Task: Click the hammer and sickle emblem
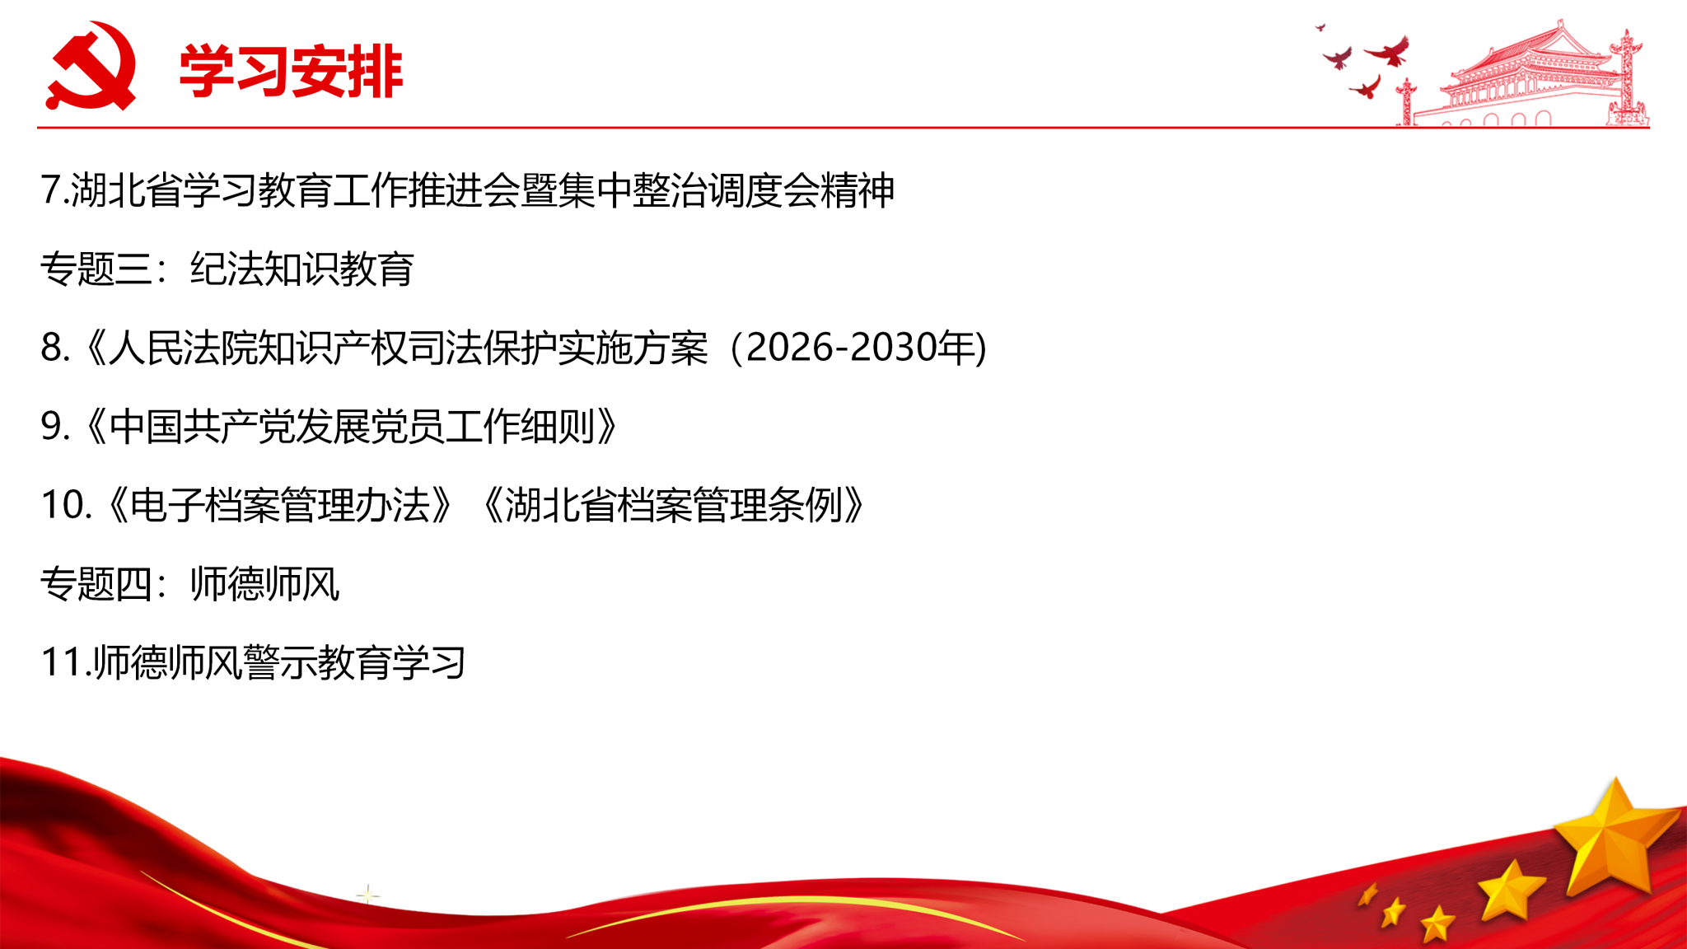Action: (x=91, y=66)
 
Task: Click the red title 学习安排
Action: (x=291, y=72)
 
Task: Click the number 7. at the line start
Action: (x=54, y=190)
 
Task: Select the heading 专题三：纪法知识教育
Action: (x=227, y=269)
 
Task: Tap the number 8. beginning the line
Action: (x=54, y=348)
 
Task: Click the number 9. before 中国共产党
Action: (x=54, y=427)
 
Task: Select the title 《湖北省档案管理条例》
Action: (x=674, y=505)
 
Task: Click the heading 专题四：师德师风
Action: (x=190, y=584)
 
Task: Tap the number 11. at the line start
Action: (x=66, y=663)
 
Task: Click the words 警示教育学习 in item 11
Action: (x=355, y=663)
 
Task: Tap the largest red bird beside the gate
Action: (x=1389, y=51)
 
